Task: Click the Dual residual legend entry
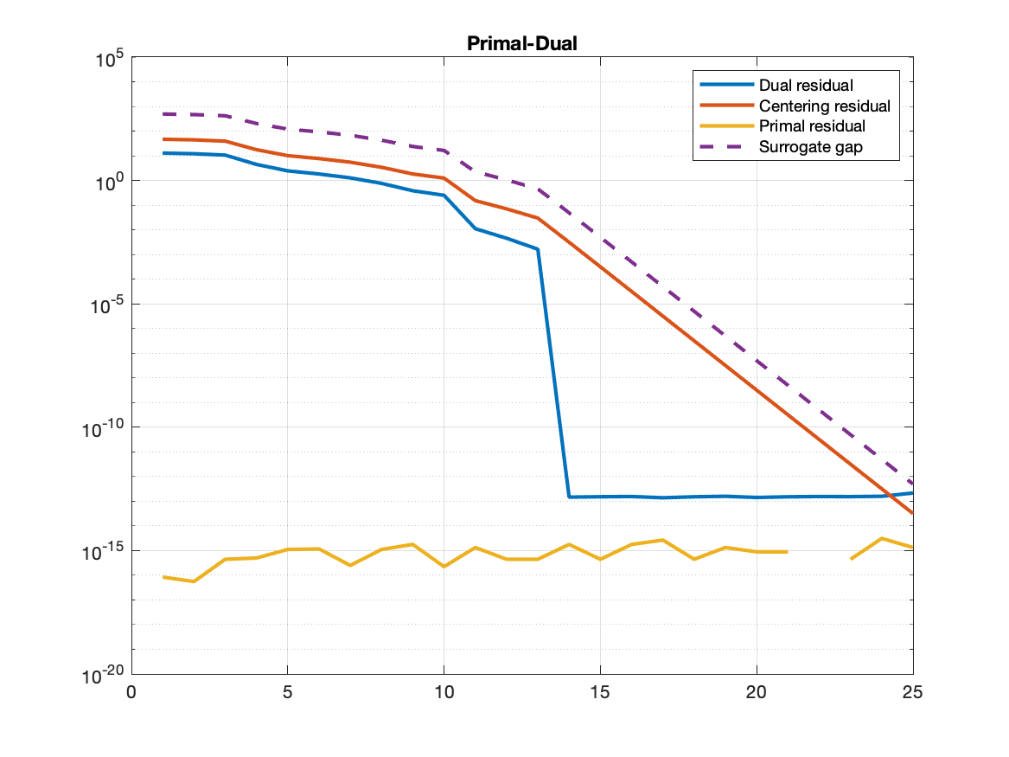coord(806,86)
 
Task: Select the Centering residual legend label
coord(824,106)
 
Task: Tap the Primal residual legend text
coord(812,126)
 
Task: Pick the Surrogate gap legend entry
coord(810,147)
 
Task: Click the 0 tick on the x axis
coord(131,693)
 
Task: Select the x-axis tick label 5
coord(287,693)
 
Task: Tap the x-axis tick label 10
coord(444,693)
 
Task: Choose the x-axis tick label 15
coord(600,693)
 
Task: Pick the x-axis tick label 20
coord(757,693)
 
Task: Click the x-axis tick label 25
coord(912,693)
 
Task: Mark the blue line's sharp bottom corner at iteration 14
coord(569,497)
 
